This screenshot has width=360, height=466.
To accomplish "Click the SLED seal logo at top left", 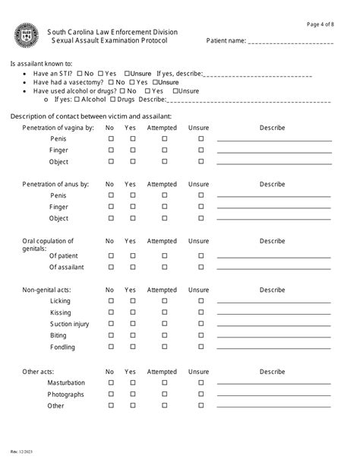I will point(24,35).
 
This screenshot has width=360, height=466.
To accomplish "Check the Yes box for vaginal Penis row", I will point(131,139).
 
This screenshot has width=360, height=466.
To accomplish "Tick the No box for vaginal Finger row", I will point(110,151).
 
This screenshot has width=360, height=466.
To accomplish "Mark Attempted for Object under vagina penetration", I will point(162,162).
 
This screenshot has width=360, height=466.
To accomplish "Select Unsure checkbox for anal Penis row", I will point(201,195).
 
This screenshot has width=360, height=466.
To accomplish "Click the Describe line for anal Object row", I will point(274,220).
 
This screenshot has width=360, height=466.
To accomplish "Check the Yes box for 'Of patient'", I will point(131,256).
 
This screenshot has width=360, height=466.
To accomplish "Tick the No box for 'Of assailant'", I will point(110,268).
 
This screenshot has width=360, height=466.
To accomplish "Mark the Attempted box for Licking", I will point(162,301).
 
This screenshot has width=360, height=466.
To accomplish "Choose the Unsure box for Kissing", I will point(201,312).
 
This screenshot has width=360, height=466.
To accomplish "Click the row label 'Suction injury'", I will point(69,325).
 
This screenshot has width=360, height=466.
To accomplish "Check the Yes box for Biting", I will point(131,335).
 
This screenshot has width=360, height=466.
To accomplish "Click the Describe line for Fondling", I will point(274,349).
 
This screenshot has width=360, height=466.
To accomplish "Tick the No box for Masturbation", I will point(110,383).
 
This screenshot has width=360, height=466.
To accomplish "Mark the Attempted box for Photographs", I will point(162,395).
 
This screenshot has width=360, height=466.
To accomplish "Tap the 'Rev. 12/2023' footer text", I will point(21,455).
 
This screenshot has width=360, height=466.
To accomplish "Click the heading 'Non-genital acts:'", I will point(49,290).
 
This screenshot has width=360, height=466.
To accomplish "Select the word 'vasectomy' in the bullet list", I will point(85,82).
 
